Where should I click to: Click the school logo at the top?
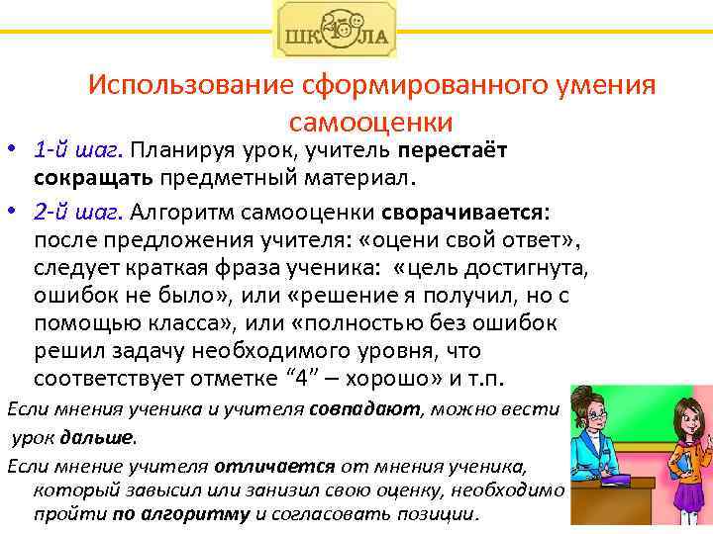point(334,29)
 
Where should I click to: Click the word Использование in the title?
point(175,85)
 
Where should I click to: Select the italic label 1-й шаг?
point(77,151)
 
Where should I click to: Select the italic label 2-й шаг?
point(77,213)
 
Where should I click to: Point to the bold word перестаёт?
point(453,151)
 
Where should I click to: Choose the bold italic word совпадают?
point(365,408)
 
